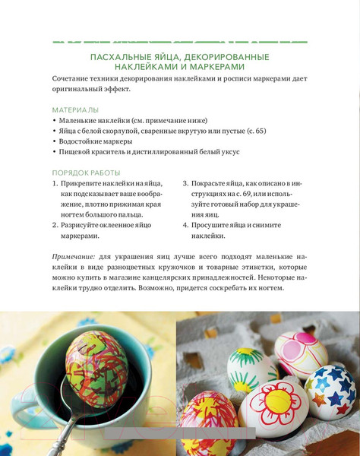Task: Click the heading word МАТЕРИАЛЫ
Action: pos(75,109)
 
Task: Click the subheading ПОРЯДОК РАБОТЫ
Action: pos(86,173)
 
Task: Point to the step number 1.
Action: pos(55,184)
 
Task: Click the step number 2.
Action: pos(55,226)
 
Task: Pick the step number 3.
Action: pos(186,184)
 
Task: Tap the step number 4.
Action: pos(186,226)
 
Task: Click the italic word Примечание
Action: pos(74,256)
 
